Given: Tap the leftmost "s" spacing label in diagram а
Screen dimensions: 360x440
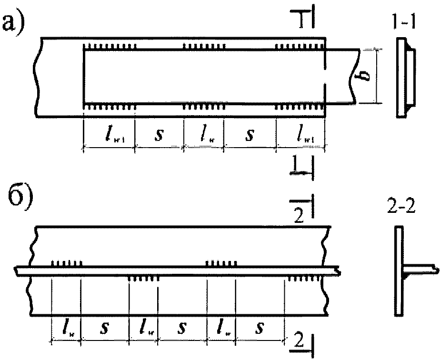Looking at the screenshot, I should (159, 136).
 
